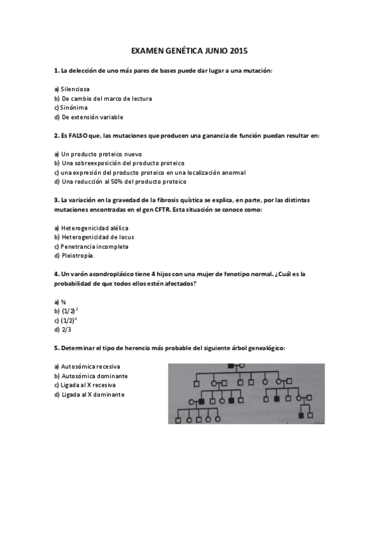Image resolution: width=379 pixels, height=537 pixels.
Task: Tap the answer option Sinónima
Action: tap(74, 108)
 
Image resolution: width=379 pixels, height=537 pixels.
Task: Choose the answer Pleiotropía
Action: tap(78, 256)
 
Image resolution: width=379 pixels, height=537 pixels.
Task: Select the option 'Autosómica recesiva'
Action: tap(90, 367)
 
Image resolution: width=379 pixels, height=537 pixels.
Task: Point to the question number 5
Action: tap(56, 348)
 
